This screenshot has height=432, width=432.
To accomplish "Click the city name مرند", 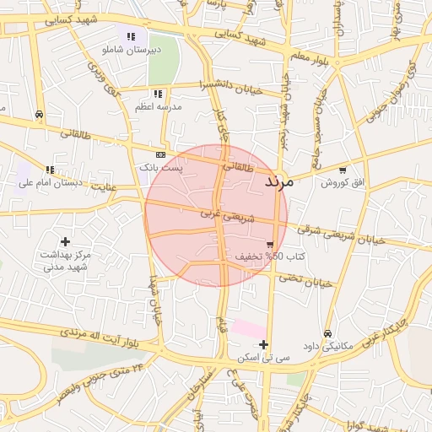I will coord(278,181).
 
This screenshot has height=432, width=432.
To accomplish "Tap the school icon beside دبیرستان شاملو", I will coord(131,36).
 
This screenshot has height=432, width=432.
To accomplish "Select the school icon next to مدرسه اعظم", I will coord(157,94).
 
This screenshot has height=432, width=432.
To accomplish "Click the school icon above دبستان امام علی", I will coord(50,169).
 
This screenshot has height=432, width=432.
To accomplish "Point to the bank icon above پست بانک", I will coord(161,154).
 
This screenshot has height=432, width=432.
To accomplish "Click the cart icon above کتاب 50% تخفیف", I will coord(269,243).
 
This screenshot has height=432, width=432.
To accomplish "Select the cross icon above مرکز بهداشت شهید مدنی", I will coord(65,241).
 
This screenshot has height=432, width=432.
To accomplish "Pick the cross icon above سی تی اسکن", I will coord(264,344).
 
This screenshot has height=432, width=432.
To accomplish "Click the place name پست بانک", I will coord(161,168).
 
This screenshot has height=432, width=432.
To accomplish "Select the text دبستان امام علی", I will coord(50,182).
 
